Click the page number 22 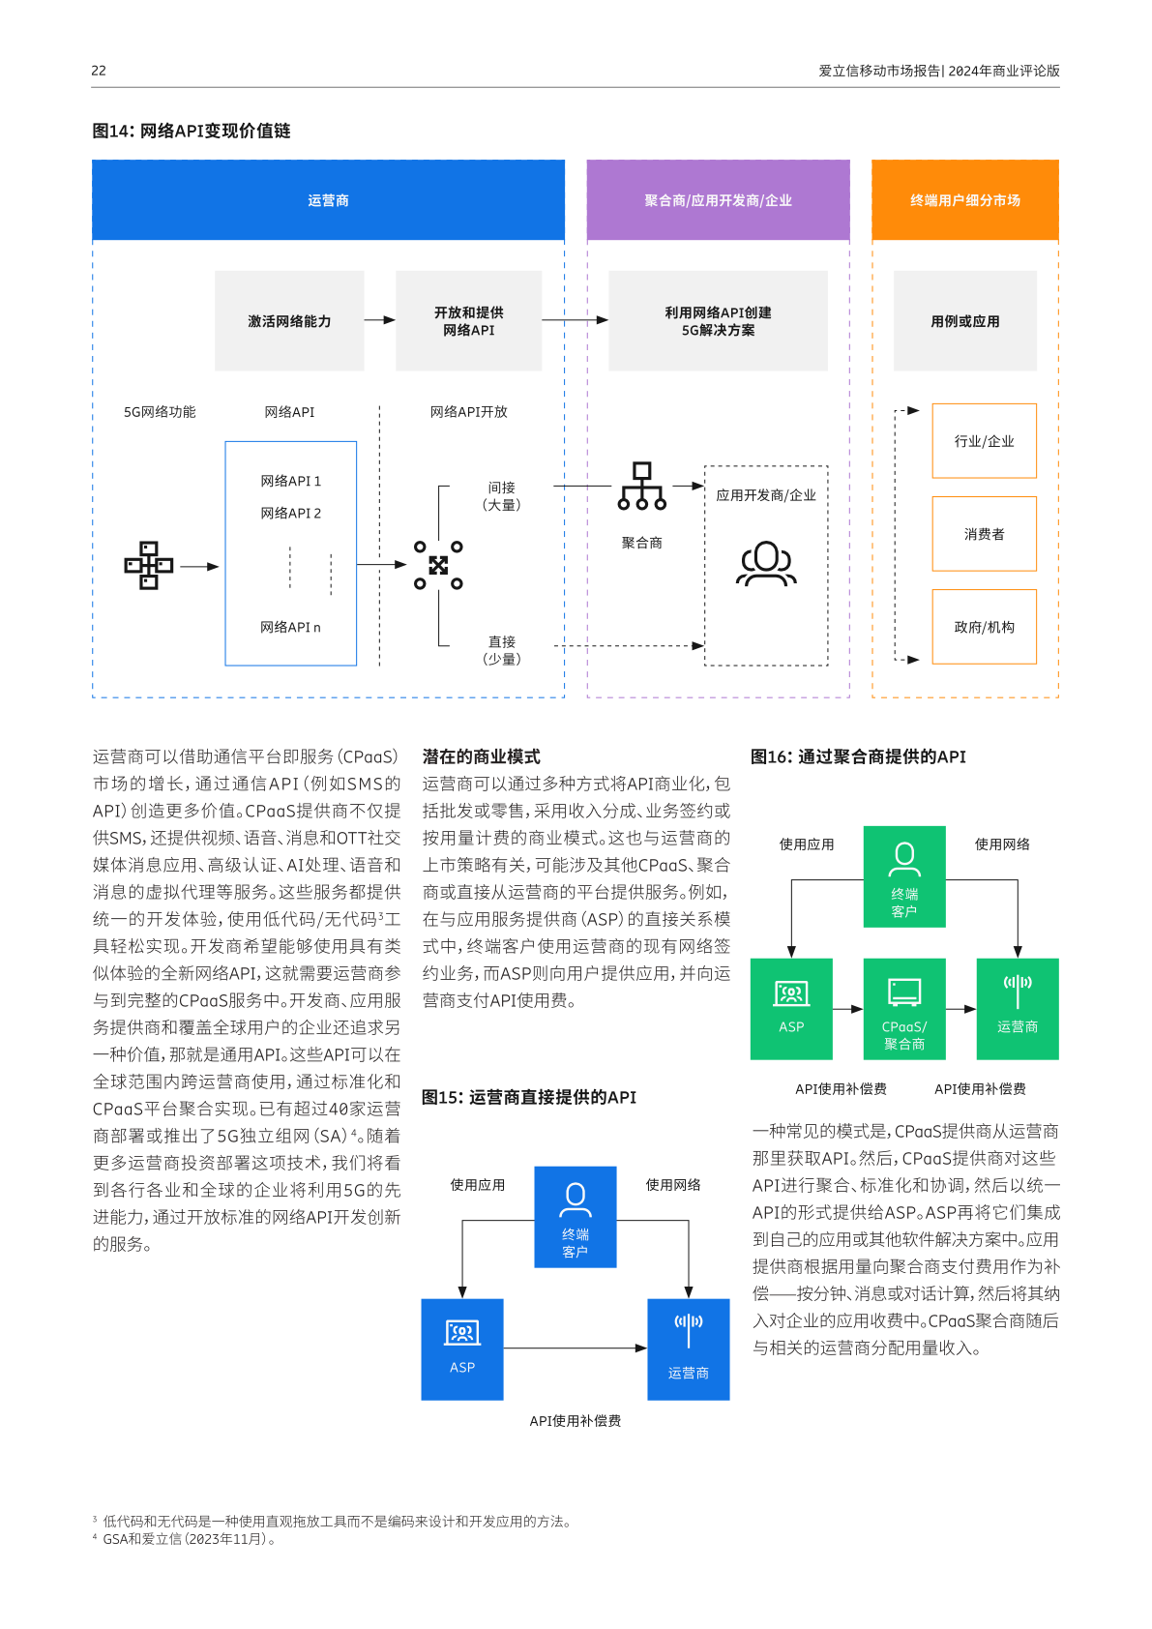click(99, 71)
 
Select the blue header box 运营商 click(328, 200)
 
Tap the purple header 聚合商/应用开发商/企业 click(718, 200)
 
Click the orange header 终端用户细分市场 click(964, 200)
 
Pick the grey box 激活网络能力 click(289, 321)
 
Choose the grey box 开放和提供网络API click(468, 321)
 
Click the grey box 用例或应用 click(964, 321)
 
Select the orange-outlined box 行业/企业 click(984, 441)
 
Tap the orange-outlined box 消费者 click(984, 534)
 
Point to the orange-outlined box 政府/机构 click(984, 627)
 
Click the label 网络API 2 click(290, 514)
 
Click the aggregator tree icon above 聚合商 click(642, 486)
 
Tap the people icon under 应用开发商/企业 click(766, 564)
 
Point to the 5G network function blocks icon click(148, 565)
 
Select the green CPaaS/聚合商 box click(903, 1009)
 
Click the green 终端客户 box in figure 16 click(903, 876)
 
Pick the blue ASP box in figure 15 click(462, 1348)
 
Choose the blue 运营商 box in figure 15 click(688, 1348)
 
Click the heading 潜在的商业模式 click(481, 756)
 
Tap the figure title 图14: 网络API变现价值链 click(192, 131)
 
